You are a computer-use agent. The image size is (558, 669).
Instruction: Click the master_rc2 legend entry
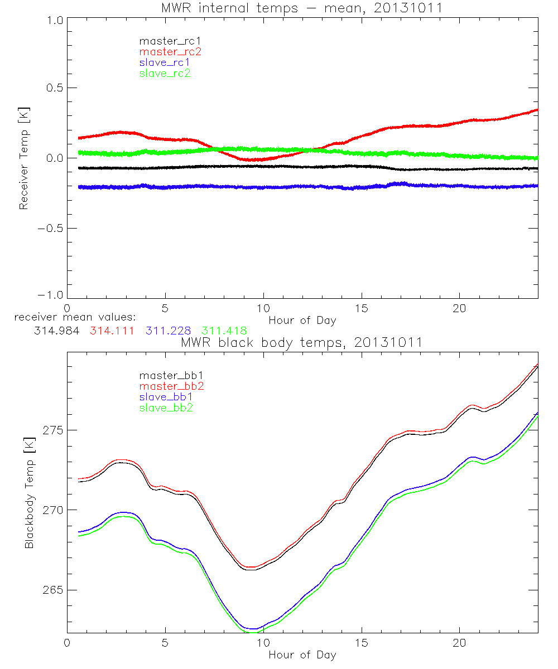click(170, 52)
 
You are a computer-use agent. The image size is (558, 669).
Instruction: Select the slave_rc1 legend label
click(165, 62)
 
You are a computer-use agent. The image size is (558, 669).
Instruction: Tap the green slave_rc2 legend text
click(165, 73)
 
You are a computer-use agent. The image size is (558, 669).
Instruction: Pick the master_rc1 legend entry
click(165, 41)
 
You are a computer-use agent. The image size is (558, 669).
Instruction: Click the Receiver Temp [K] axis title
click(23, 158)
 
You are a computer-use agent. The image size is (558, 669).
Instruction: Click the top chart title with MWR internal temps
click(302, 8)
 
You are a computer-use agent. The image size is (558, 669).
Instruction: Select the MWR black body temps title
click(302, 342)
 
